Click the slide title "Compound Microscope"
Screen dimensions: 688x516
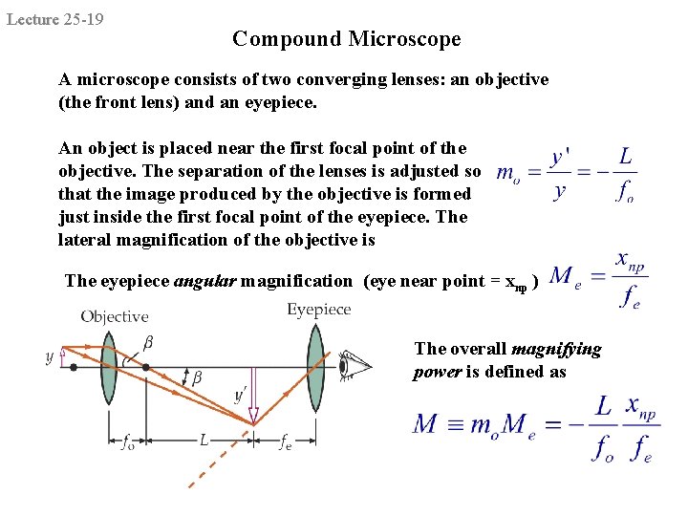(x=346, y=39)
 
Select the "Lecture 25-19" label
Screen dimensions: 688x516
(x=55, y=19)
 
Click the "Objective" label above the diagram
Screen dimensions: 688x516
(x=114, y=316)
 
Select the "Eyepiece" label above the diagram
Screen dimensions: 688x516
(x=319, y=310)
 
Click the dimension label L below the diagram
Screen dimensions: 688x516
(x=204, y=441)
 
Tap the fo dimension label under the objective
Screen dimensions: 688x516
(x=127, y=441)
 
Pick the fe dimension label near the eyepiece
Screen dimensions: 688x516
(x=285, y=441)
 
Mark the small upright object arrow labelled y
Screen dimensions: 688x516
(x=63, y=357)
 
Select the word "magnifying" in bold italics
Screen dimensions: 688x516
(x=556, y=349)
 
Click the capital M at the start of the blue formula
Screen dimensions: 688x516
(x=425, y=423)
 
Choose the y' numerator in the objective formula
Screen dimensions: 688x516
(x=561, y=156)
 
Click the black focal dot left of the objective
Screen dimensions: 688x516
(x=75, y=366)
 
